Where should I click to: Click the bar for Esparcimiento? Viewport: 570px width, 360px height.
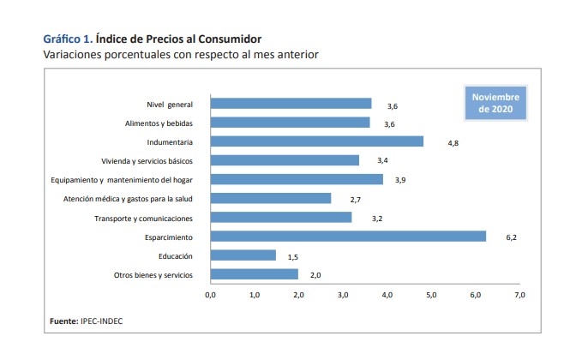click(x=348, y=237)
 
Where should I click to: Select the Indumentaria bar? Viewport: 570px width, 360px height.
click(x=316, y=141)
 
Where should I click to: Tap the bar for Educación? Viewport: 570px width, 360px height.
click(x=243, y=255)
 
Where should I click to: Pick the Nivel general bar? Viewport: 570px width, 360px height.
click(x=291, y=104)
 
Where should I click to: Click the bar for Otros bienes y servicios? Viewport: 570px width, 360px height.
click(x=254, y=274)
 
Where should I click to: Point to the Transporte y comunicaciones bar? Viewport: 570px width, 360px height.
click(x=281, y=218)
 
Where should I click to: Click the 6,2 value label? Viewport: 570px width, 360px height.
click(x=512, y=237)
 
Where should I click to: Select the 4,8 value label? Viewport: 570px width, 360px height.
click(x=453, y=142)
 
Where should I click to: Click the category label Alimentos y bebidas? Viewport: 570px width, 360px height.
click(x=158, y=123)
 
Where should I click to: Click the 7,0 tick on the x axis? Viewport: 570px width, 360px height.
click(x=519, y=295)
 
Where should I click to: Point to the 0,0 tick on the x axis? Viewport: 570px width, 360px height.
click(x=210, y=295)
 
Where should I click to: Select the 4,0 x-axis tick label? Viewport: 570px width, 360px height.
click(x=387, y=295)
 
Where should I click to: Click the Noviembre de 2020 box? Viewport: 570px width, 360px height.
click(x=495, y=104)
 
